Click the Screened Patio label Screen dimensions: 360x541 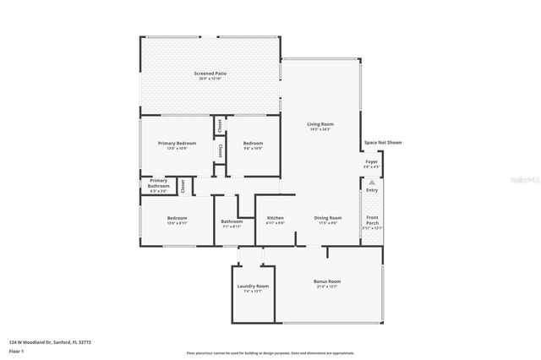[x=210, y=74]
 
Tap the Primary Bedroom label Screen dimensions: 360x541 [x=177, y=144]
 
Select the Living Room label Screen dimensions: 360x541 [x=320, y=124]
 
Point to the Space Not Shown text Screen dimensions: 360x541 [x=382, y=143]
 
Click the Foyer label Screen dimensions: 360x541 [x=371, y=161]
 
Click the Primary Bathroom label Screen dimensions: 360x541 [x=159, y=183]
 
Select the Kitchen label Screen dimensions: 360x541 [x=275, y=218]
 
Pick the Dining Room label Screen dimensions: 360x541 [x=328, y=218]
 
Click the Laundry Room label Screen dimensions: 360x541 [x=253, y=286]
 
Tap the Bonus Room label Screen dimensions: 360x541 [x=326, y=281]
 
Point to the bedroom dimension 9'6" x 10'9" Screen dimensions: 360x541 [x=253, y=149]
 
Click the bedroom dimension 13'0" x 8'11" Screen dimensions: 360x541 [x=177, y=223]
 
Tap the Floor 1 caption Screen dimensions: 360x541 [x=17, y=351]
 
